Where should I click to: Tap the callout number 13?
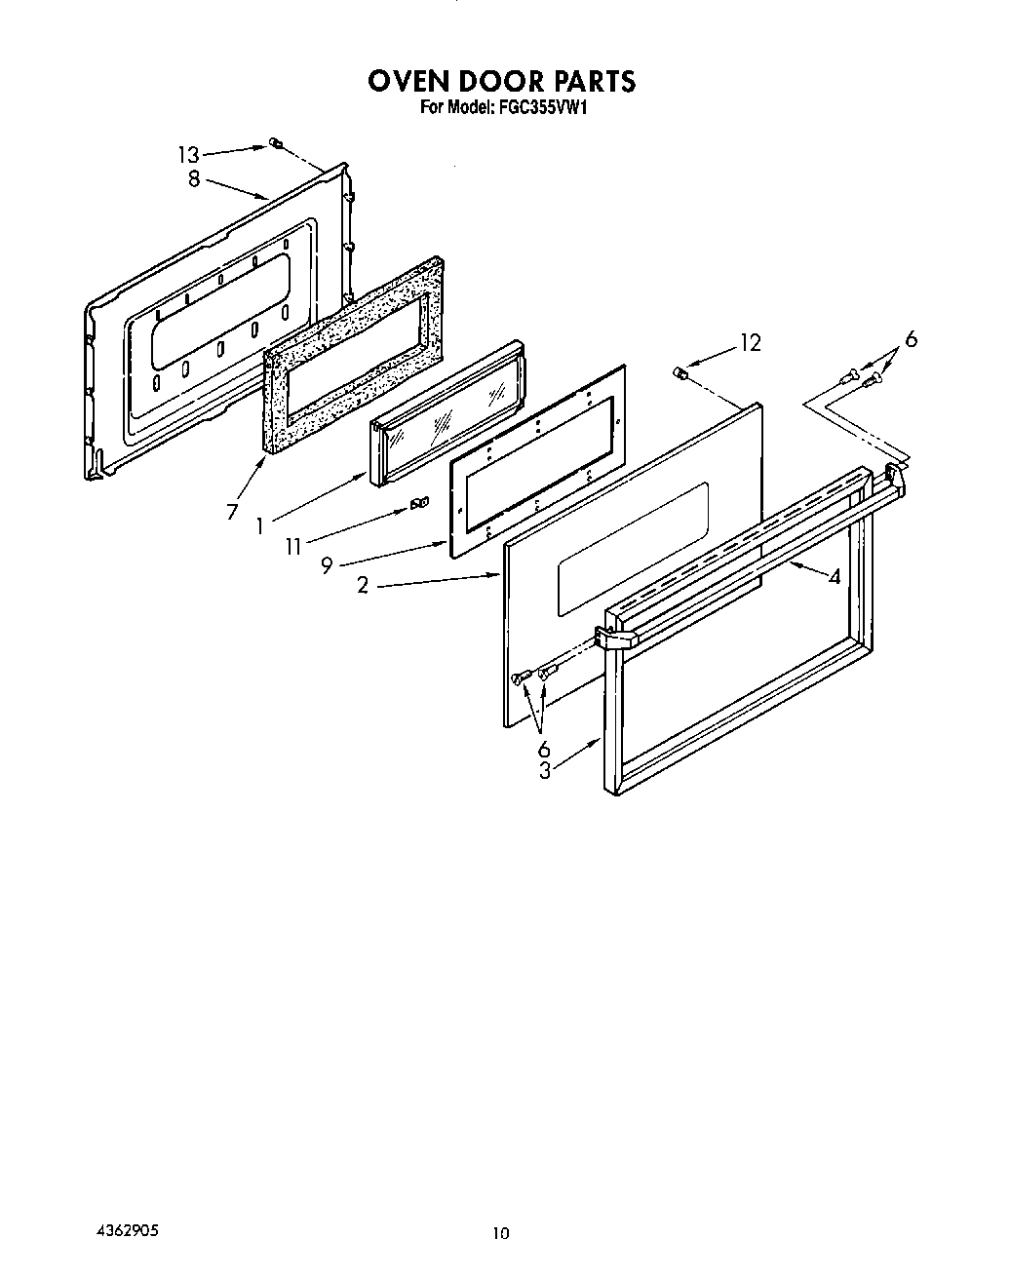tap(188, 154)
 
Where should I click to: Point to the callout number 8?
tap(194, 178)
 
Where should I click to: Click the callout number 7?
tap(232, 511)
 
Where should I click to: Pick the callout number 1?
tap(260, 526)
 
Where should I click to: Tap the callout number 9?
tap(328, 565)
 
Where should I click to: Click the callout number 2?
tap(363, 587)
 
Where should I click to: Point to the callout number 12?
tap(749, 342)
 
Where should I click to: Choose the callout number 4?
tap(834, 576)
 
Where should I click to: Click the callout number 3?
tap(545, 770)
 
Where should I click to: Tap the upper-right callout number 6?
tap(910, 339)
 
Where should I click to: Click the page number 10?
tap(500, 1233)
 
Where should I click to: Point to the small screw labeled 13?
tap(275, 145)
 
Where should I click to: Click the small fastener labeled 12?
tap(681, 371)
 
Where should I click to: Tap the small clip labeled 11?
tap(420, 503)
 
